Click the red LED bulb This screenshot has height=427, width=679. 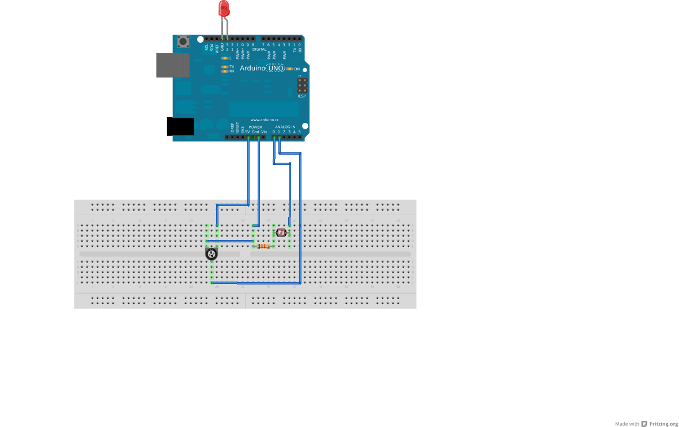(x=224, y=8)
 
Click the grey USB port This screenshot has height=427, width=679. (x=173, y=65)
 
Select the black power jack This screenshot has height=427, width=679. (x=180, y=126)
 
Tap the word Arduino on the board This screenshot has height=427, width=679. (x=252, y=68)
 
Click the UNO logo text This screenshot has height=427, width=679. (x=276, y=68)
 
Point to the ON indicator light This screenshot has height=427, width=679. (x=289, y=69)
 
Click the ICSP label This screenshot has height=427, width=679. (x=301, y=96)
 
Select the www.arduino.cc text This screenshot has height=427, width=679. (x=265, y=119)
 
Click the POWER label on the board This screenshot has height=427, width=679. (x=255, y=127)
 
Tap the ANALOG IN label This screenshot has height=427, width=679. (x=285, y=127)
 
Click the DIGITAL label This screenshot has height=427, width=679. (x=259, y=49)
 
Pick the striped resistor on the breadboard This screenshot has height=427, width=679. (x=263, y=246)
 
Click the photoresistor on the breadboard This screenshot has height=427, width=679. (x=281, y=233)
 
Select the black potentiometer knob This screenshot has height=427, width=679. (x=212, y=253)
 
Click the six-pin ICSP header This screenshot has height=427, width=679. (x=301, y=86)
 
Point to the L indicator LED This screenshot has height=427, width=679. (x=225, y=58)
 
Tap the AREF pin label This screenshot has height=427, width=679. (x=217, y=47)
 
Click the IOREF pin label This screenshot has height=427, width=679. (x=232, y=129)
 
